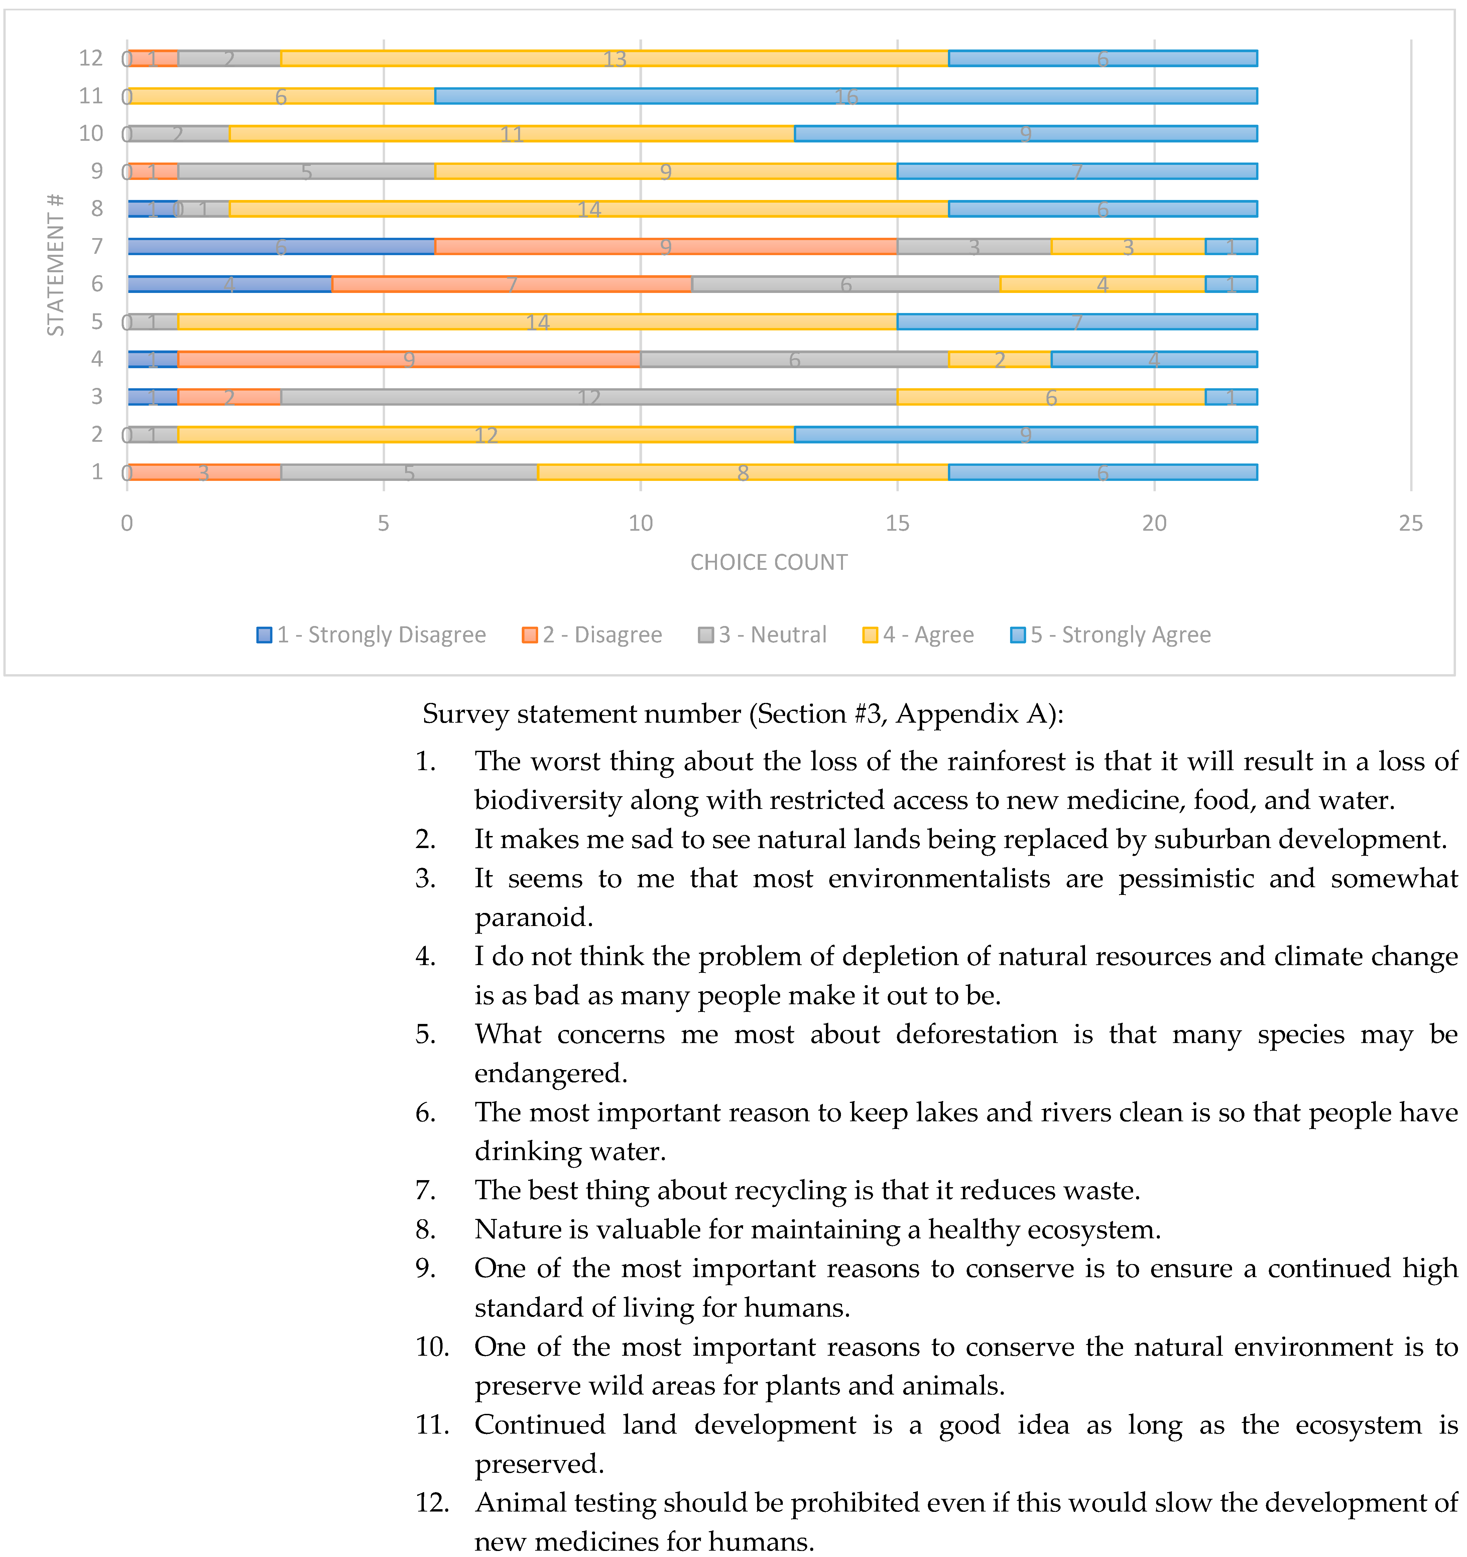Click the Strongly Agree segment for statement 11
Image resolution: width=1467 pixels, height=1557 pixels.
click(x=845, y=96)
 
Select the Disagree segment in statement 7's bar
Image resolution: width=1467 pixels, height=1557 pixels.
click(x=665, y=246)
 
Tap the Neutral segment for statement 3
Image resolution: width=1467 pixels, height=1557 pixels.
click(x=589, y=396)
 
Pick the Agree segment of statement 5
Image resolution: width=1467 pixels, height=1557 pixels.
click(x=537, y=321)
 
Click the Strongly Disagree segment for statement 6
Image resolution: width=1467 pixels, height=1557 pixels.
click(x=229, y=284)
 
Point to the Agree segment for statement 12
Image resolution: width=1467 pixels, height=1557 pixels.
click(x=615, y=58)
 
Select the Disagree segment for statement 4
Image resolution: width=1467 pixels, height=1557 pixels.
click(x=409, y=359)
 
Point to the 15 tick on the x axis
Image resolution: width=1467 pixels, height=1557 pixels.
click(x=897, y=523)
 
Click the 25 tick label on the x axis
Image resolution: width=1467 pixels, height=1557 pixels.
click(x=1411, y=523)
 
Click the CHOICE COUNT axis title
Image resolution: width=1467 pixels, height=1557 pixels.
click(x=769, y=562)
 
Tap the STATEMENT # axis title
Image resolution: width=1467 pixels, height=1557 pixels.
click(x=55, y=265)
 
